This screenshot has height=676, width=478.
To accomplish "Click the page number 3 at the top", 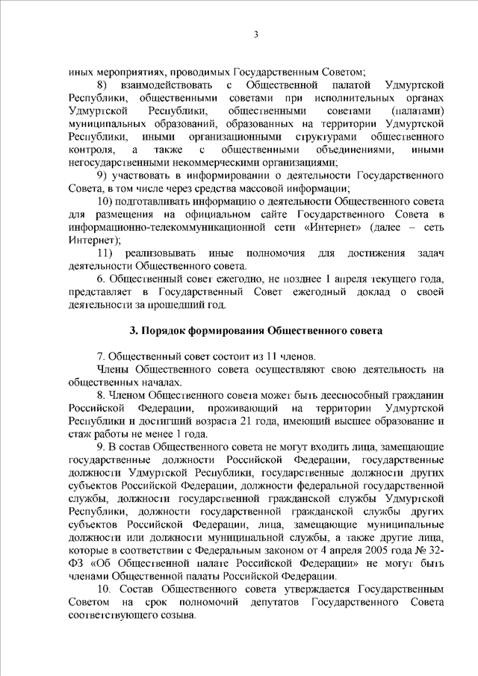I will pos(255,34).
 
